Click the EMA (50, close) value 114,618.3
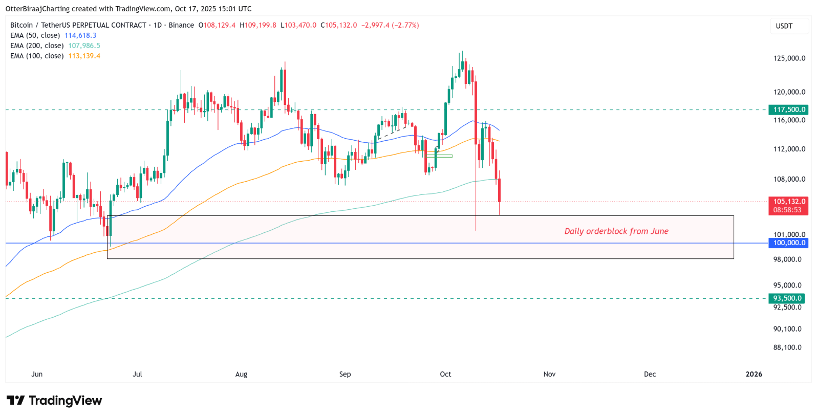pyautogui.click(x=80, y=35)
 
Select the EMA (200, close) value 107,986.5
pyautogui.click(x=84, y=46)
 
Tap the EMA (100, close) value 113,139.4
pyautogui.click(x=84, y=56)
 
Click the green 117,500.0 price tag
pyautogui.click(x=788, y=109)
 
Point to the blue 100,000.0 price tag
pyautogui.click(x=788, y=243)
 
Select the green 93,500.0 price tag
pyautogui.click(x=787, y=298)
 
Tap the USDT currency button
pyautogui.click(x=784, y=26)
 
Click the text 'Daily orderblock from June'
pyautogui.click(x=616, y=231)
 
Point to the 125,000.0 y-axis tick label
pyautogui.click(x=789, y=58)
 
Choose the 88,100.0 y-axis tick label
pyautogui.click(x=787, y=347)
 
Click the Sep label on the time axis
pyautogui.click(x=345, y=374)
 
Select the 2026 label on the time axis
pyautogui.click(x=754, y=374)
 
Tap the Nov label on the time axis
pyautogui.click(x=549, y=374)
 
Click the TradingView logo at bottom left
pyautogui.click(x=54, y=400)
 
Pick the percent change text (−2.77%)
pyautogui.click(x=405, y=25)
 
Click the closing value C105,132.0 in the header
pyautogui.click(x=338, y=25)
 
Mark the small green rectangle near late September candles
pyautogui.click(x=439, y=156)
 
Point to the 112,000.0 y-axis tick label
pyautogui.click(x=789, y=149)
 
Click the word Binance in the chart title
pyautogui.click(x=181, y=25)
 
